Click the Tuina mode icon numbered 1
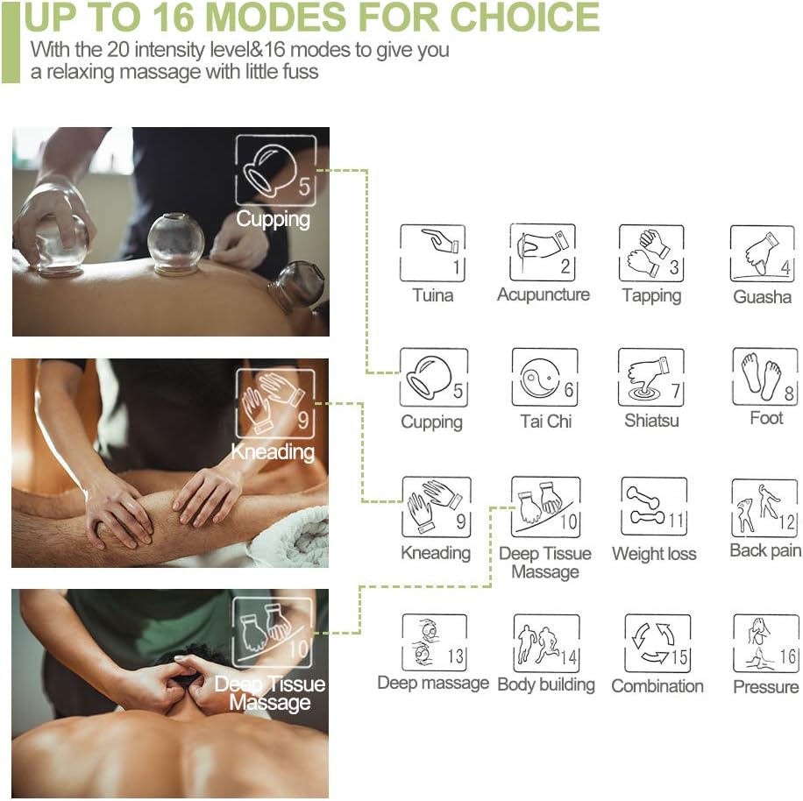click(x=432, y=252)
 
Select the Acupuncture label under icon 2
click(x=544, y=294)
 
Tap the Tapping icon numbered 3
click(x=651, y=252)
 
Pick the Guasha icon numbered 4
click(x=762, y=253)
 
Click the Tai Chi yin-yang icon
click(x=544, y=378)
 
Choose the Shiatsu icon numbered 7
click(x=651, y=378)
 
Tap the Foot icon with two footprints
click(x=764, y=376)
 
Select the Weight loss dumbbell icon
click(x=653, y=507)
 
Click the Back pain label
click(x=765, y=550)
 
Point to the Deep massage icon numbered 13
click(x=433, y=642)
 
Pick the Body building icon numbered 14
click(x=545, y=643)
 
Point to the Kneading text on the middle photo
click(x=272, y=452)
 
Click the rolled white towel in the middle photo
click(x=297, y=535)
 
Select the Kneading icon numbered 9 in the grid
click(x=436, y=507)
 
